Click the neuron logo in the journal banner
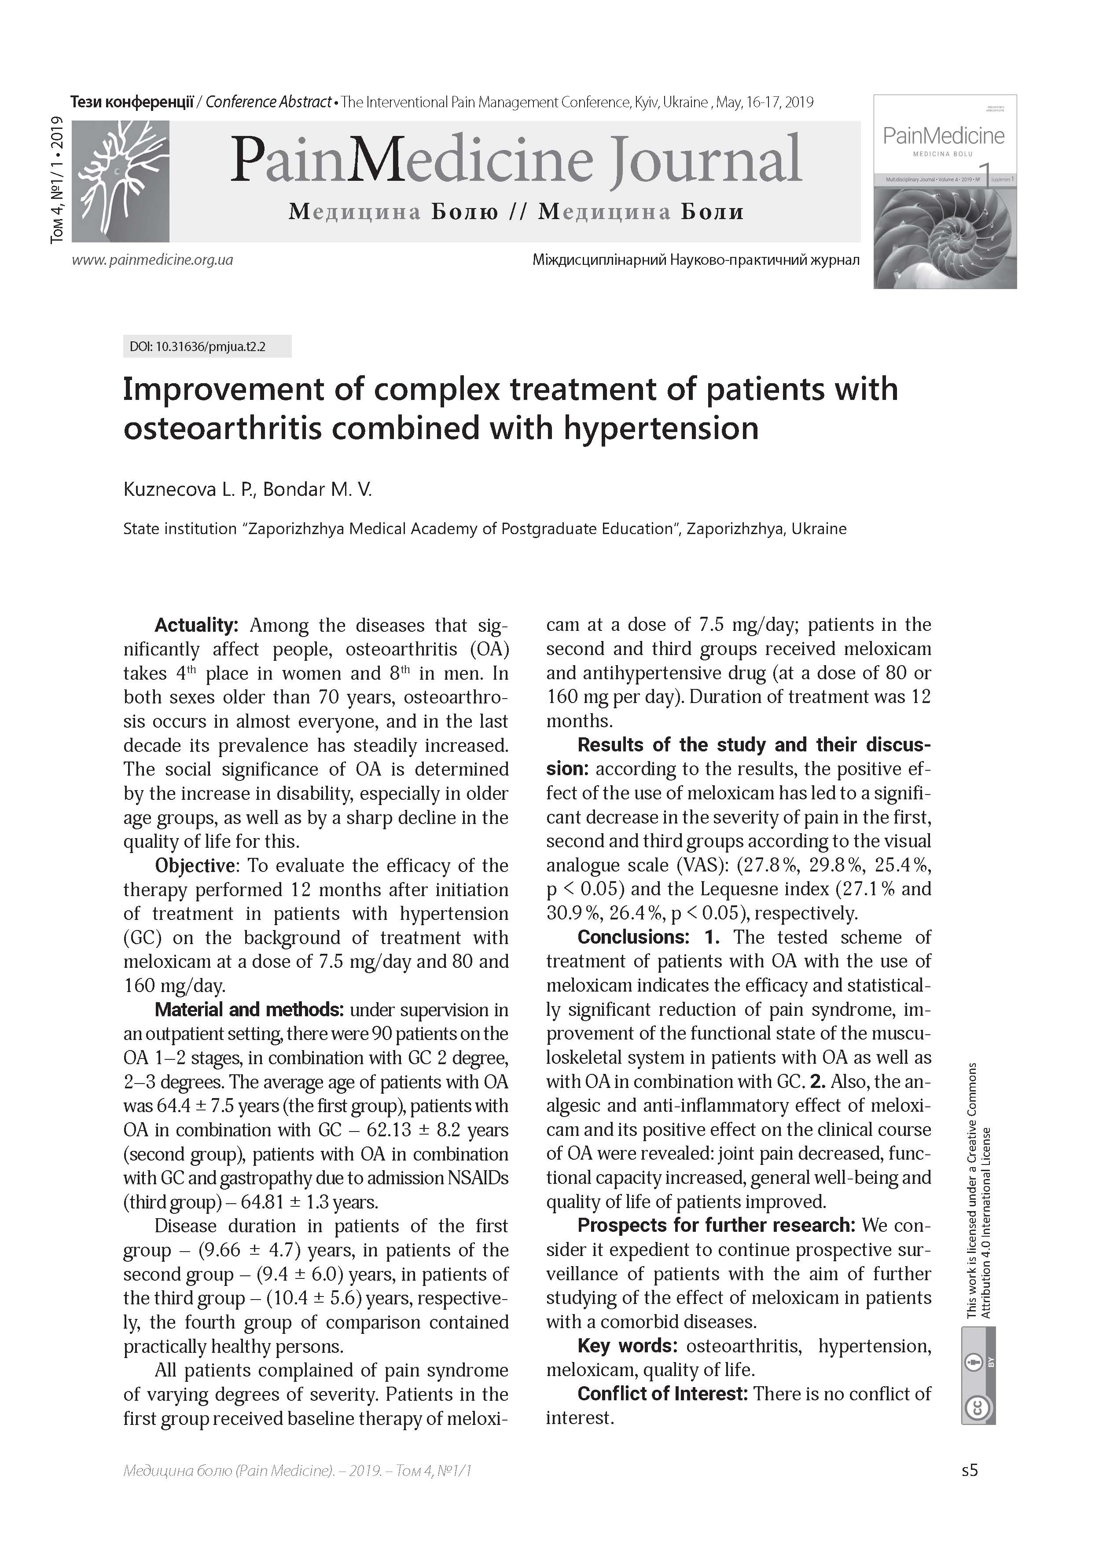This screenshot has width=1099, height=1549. click(x=121, y=181)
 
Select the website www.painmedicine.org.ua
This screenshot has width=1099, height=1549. click(x=153, y=260)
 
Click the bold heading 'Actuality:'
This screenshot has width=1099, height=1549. click(x=196, y=625)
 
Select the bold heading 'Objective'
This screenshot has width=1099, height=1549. click(x=195, y=865)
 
